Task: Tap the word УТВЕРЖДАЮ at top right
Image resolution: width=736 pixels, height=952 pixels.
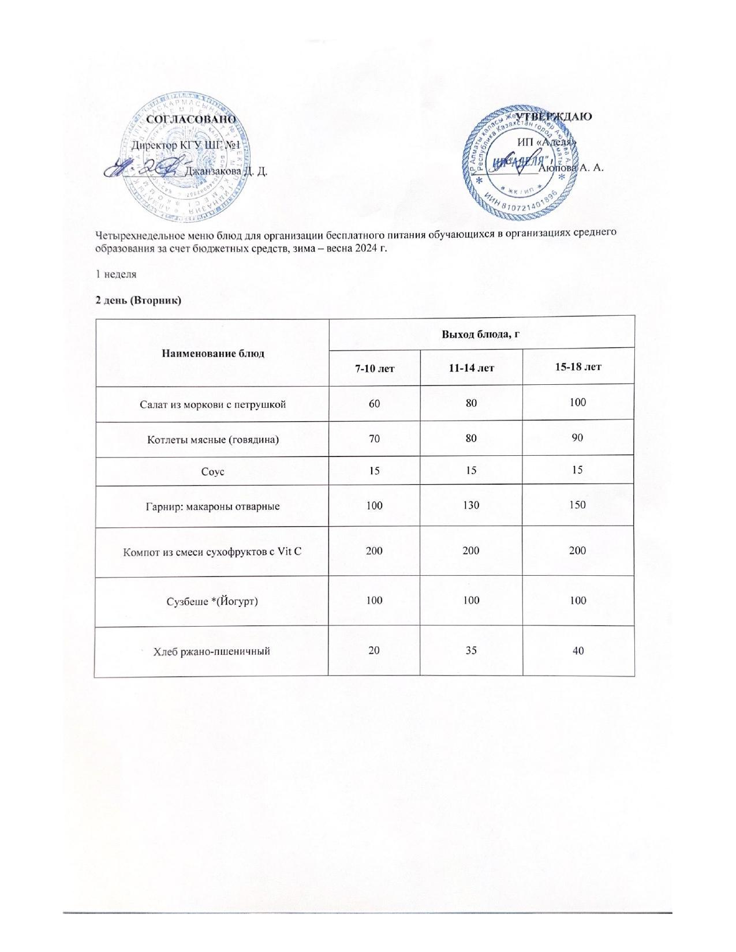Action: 556,116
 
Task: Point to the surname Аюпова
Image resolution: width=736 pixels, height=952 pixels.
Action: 559,168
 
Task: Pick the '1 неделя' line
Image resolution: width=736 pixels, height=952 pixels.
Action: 116,274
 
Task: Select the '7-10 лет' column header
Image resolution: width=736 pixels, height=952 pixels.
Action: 375,368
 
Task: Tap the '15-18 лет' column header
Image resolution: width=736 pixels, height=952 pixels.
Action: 578,366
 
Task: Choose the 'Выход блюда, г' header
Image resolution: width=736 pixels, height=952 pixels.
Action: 481,333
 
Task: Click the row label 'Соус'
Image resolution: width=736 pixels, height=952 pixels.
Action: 212,472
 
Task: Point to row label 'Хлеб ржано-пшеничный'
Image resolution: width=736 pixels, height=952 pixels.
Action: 212,651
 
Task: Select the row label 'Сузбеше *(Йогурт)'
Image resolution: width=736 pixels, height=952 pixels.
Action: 212,601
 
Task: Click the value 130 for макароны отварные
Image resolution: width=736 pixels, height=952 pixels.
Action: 472,505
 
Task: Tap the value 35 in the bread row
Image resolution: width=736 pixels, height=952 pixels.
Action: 472,650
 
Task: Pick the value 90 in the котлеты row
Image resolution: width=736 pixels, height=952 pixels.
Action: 578,438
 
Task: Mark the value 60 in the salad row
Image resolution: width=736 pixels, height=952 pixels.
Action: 375,403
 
